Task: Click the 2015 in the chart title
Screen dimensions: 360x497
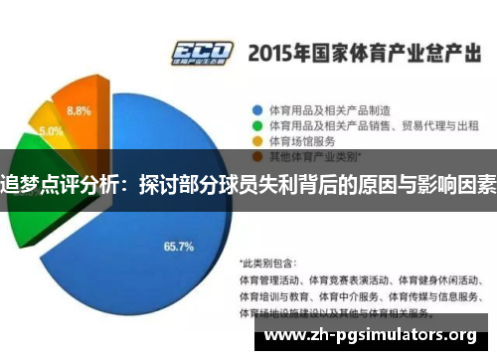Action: coord(275,51)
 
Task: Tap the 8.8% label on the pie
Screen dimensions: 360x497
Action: coord(79,110)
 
